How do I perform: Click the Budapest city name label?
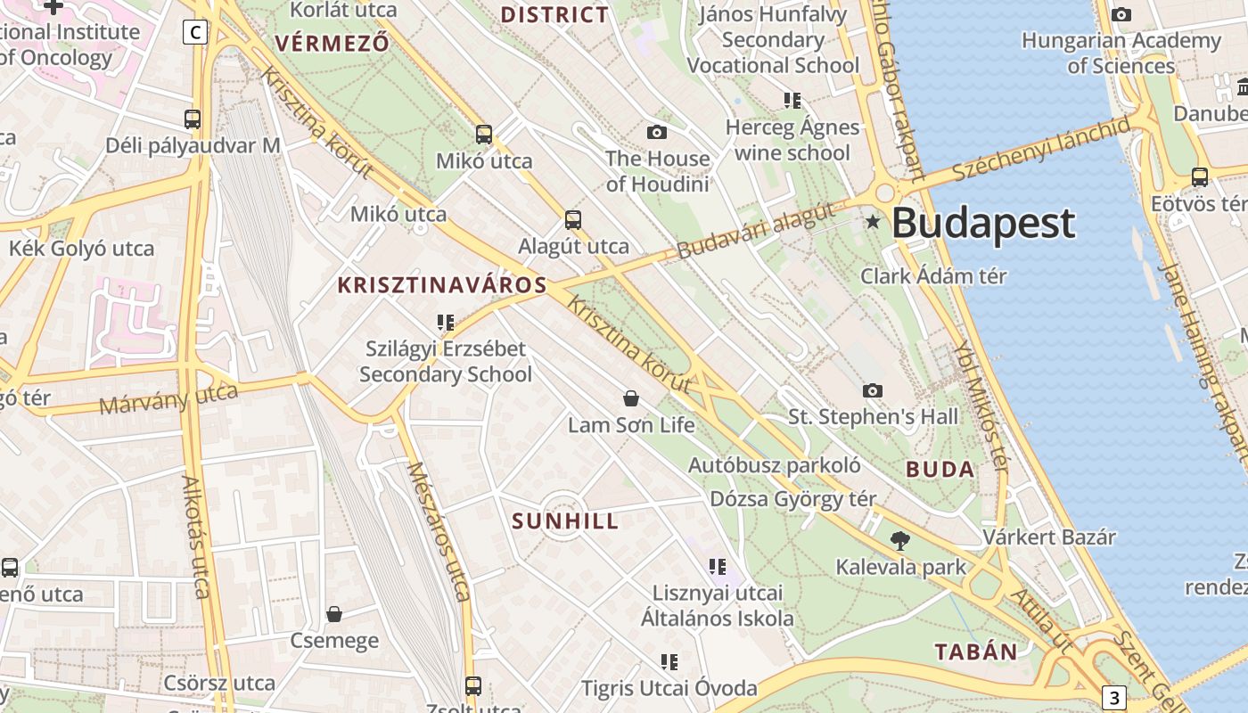(983, 224)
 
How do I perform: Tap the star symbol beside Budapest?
(874, 221)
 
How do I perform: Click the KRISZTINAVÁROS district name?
(442, 285)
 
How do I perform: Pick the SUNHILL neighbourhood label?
(565, 521)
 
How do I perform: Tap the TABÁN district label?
(976, 652)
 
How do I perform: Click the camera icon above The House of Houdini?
(657, 133)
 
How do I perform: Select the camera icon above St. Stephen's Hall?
(873, 390)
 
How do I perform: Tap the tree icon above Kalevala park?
(900, 540)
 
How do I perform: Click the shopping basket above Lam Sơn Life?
(631, 398)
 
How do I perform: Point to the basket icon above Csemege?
(334, 614)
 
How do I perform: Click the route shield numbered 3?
(1113, 697)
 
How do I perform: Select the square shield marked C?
(194, 33)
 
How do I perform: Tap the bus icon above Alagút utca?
(573, 219)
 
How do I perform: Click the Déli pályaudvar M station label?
(193, 145)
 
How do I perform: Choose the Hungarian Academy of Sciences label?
(1121, 53)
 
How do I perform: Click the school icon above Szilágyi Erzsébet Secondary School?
(445, 322)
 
